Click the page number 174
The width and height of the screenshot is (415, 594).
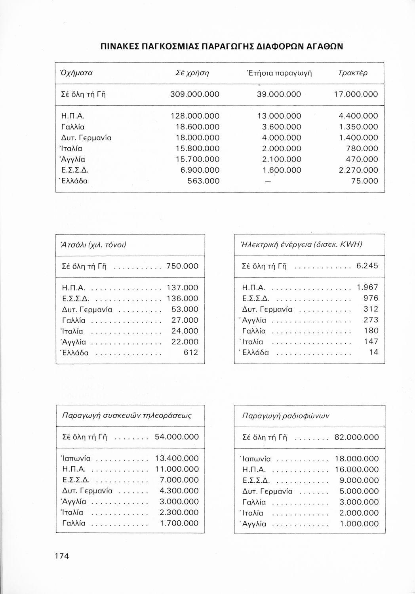[x=62, y=556]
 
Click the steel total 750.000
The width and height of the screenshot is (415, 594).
[x=182, y=267]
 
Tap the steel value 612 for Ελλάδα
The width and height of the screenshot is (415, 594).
[x=190, y=352]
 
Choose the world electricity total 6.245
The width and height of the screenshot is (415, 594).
[x=367, y=266]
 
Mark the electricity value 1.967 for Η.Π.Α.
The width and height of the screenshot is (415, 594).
[x=367, y=287]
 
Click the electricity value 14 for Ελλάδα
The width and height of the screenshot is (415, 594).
[x=374, y=352]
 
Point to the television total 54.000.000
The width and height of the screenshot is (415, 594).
[x=177, y=437]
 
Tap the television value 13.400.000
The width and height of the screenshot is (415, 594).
[x=177, y=459]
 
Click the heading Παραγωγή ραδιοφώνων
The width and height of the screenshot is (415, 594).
[x=286, y=416]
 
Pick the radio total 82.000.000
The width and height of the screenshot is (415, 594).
[x=356, y=437]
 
